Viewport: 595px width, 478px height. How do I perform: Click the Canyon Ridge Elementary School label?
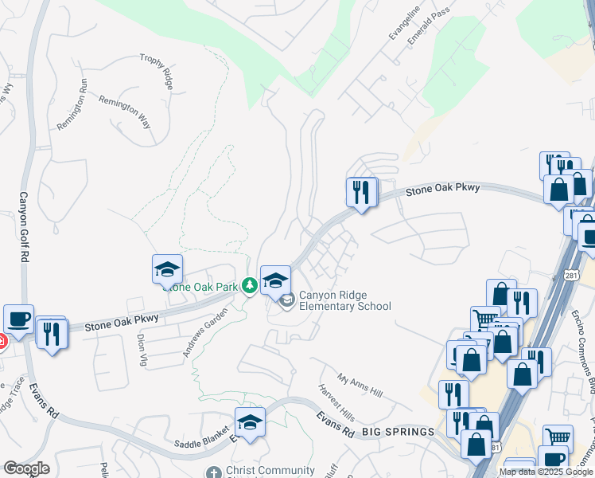point(344,300)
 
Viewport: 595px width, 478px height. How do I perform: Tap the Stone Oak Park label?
point(203,287)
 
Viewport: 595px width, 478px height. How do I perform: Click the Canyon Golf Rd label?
point(24,228)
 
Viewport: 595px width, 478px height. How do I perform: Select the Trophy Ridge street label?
point(156,69)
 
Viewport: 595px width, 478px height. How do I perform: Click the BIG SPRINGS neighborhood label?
point(399,432)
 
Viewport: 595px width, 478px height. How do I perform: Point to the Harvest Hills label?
point(336,403)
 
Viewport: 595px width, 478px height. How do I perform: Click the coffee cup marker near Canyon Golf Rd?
point(18,319)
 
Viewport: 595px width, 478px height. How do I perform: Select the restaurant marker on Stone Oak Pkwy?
point(361,191)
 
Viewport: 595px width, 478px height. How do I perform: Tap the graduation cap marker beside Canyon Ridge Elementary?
point(274,280)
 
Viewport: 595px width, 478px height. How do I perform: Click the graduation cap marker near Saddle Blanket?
point(250,421)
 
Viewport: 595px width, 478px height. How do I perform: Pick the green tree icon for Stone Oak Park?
point(249,285)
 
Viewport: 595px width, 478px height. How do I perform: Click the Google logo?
point(26,468)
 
